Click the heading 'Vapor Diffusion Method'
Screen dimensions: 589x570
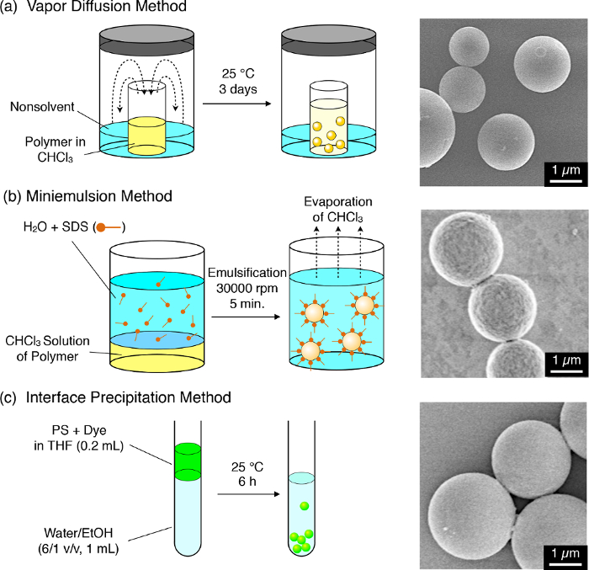pyautogui.click(x=107, y=6)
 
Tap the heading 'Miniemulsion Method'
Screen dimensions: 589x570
pyautogui.click(x=99, y=196)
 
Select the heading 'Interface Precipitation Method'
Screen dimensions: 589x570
pyautogui.click(x=129, y=397)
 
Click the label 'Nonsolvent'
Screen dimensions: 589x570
pyautogui.click(x=42, y=107)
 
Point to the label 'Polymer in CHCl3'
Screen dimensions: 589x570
pyautogui.click(x=56, y=149)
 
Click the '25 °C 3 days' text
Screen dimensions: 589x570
pyautogui.click(x=238, y=81)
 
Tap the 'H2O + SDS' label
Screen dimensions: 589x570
pyautogui.click(x=56, y=226)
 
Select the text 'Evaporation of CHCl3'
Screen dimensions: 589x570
pyautogui.click(x=338, y=210)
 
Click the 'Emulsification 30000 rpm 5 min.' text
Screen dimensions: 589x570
pyautogui.click(x=247, y=288)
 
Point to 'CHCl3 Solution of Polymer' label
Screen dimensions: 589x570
pyautogui.click(x=47, y=349)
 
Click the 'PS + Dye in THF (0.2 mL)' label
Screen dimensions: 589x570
pyautogui.click(x=79, y=438)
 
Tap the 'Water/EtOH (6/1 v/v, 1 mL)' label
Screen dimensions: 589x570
pyautogui.click(x=78, y=541)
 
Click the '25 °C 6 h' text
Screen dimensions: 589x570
pyautogui.click(x=247, y=474)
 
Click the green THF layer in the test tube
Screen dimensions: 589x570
pyautogui.click(x=188, y=461)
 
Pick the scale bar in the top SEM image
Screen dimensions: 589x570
pyautogui.click(x=565, y=182)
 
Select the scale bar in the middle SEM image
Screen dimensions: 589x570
pyautogui.click(x=565, y=372)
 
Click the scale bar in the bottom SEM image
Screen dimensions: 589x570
pyautogui.click(x=565, y=563)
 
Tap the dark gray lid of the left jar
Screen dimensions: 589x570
pyautogui.click(x=147, y=40)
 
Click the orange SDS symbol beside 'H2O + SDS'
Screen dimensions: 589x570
pyautogui.click(x=109, y=227)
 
